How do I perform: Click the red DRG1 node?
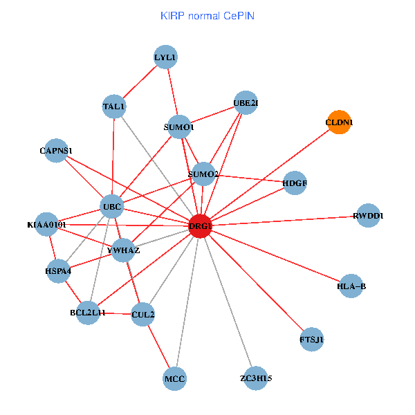click(x=200, y=227)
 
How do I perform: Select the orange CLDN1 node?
click(x=339, y=122)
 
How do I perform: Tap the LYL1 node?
click(x=166, y=57)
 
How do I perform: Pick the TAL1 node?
click(x=113, y=107)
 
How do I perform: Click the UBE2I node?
click(x=246, y=104)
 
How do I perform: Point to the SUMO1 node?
click(x=179, y=127)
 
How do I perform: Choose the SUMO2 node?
click(x=203, y=174)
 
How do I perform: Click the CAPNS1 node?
click(x=56, y=150)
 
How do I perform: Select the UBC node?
click(x=112, y=207)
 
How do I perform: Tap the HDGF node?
click(x=295, y=183)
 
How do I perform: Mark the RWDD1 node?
click(x=368, y=216)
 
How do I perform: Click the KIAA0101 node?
click(x=46, y=225)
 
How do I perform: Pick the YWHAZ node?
click(x=123, y=250)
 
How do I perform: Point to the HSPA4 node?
click(x=58, y=271)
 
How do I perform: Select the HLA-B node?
click(x=351, y=286)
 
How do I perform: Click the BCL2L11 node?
click(x=88, y=313)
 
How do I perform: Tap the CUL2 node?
click(x=142, y=315)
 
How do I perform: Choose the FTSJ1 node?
click(x=312, y=340)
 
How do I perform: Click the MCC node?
click(x=175, y=379)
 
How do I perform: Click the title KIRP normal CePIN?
click(x=207, y=15)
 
